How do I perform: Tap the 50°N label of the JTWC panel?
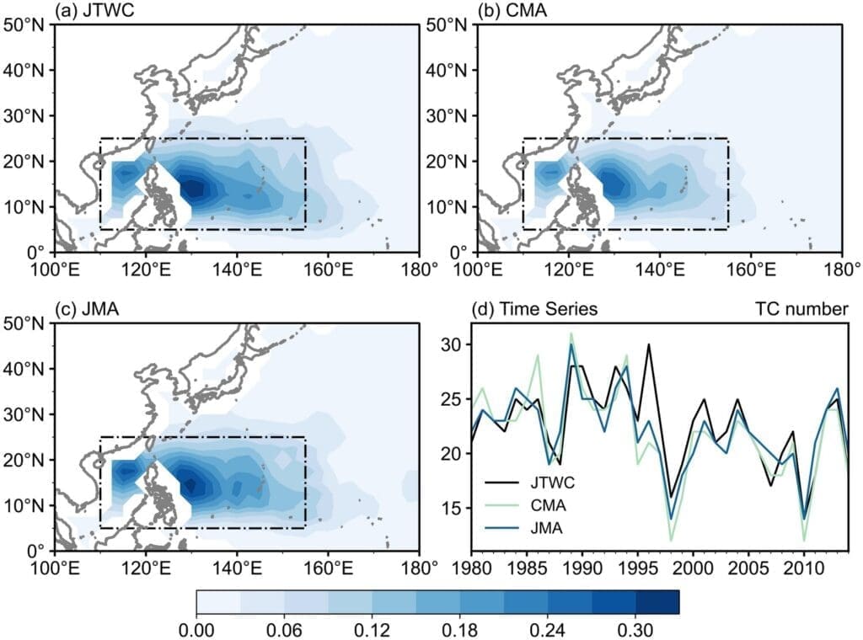25,24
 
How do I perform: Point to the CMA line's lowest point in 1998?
671,540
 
